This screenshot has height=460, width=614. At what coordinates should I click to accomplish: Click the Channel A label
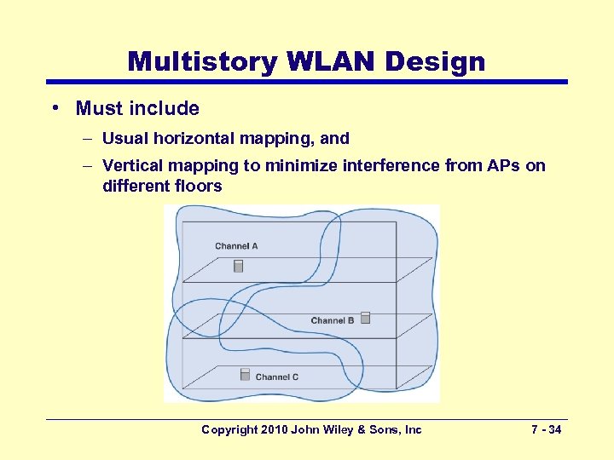[x=236, y=246]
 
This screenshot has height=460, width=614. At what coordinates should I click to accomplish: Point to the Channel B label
[x=333, y=320]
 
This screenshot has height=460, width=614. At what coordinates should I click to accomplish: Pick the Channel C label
[x=277, y=377]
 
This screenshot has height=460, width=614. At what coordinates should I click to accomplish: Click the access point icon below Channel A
[x=239, y=266]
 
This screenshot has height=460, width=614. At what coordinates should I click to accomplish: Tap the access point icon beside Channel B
[x=365, y=318]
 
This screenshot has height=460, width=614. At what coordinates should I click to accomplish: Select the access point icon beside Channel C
[x=245, y=374]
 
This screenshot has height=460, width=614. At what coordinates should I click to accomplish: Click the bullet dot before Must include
[x=54, y=108]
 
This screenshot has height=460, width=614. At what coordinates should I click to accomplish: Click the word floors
[x=198, y=186]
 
